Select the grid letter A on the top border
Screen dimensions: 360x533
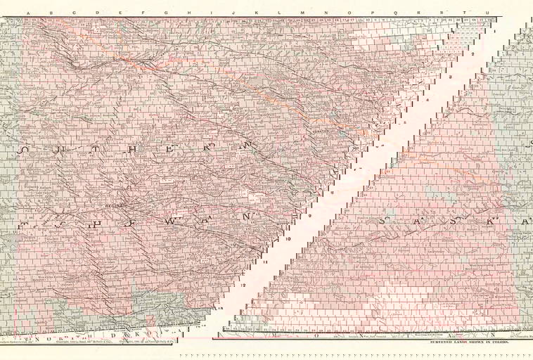coord(27,13)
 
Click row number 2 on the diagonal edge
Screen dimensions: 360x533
coord(473,53)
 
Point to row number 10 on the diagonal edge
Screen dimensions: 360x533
coord(289,238)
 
